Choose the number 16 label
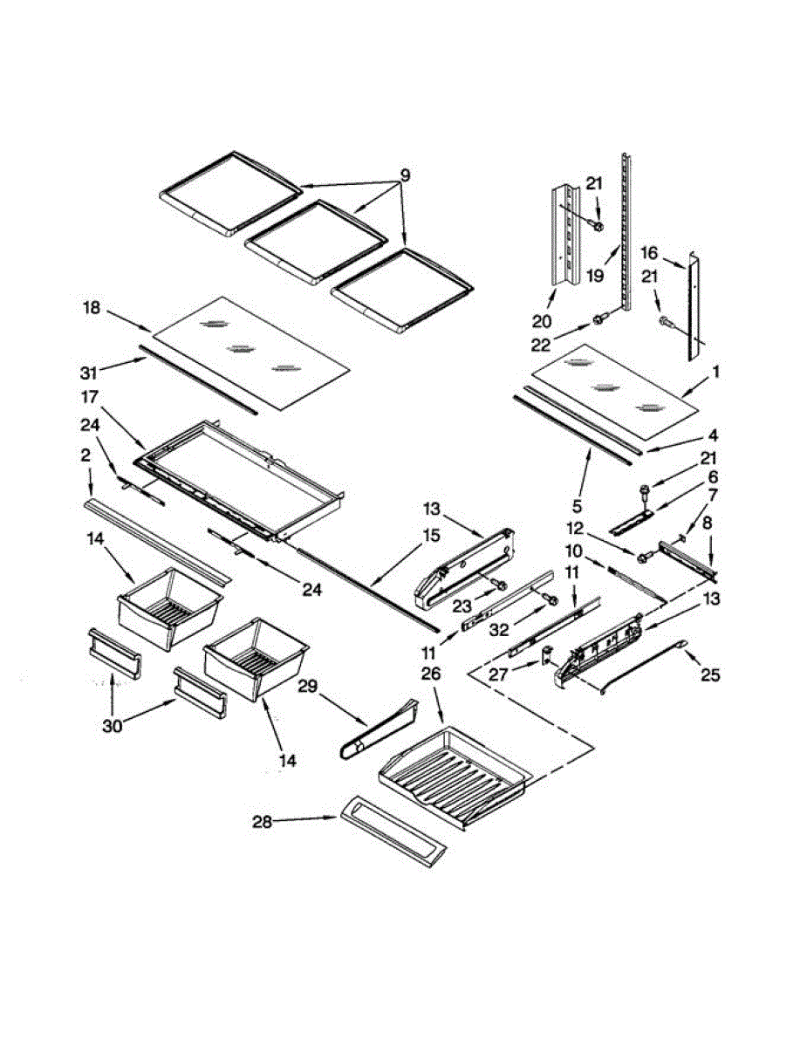649,253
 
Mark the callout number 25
710,674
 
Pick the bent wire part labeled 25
646,665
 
